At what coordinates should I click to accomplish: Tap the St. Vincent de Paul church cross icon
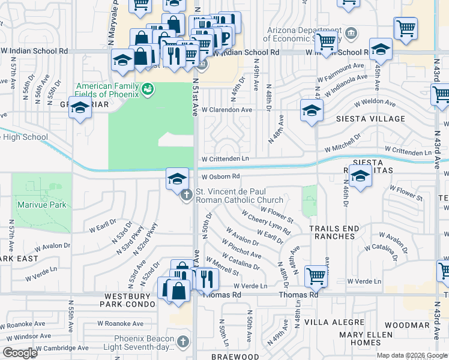(x=186, y=194)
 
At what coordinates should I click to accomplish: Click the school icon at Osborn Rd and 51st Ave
(x=177, y=179)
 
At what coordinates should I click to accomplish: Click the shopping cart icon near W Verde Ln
(x=315, y=277)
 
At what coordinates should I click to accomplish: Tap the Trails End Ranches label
(x=334, y=232)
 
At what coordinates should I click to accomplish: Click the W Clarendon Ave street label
(x=227, y=110)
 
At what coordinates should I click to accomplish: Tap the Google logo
(x=20, y=353)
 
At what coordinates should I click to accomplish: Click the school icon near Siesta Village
(x=312, y=110)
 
